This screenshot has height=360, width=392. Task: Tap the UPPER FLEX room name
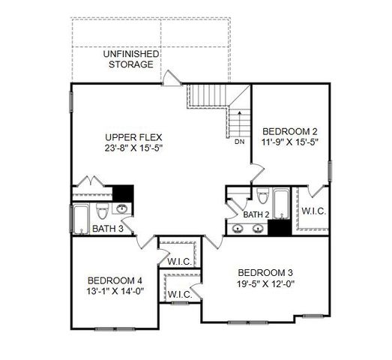134,136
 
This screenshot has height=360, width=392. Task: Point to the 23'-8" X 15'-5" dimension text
134,148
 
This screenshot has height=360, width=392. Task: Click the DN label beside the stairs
240,141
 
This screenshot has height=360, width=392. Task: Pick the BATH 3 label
108,229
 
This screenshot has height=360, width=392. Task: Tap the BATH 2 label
256,214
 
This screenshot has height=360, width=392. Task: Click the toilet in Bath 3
102,209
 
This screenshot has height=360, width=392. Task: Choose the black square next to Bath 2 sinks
279,229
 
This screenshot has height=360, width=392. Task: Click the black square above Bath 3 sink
122,192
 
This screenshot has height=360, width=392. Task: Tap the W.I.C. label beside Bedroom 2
313,211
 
